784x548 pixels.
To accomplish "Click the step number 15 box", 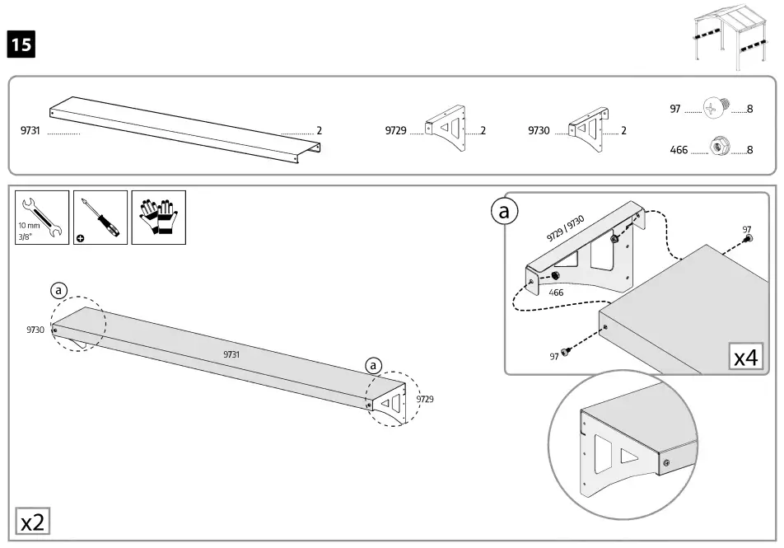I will [21, 44].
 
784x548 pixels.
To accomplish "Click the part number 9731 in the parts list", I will [32, 130].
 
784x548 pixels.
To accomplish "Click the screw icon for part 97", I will [716, 109].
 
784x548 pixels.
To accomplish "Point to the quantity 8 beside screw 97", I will [750, 110].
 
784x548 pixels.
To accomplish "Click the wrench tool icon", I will [41, 218].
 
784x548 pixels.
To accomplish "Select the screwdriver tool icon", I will [100, 218].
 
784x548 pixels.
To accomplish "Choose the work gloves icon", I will [158, 218].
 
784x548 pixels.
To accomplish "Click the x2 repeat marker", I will [33, 522].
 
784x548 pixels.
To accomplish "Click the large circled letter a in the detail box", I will [506, 212].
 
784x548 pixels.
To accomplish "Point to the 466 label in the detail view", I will [556, 293].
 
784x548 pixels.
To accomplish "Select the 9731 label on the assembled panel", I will [231, 354].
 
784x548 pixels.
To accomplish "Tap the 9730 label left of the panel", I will [35, 329].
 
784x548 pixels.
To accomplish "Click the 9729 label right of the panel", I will [424, 399].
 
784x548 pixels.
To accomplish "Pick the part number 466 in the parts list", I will [679, 150].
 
